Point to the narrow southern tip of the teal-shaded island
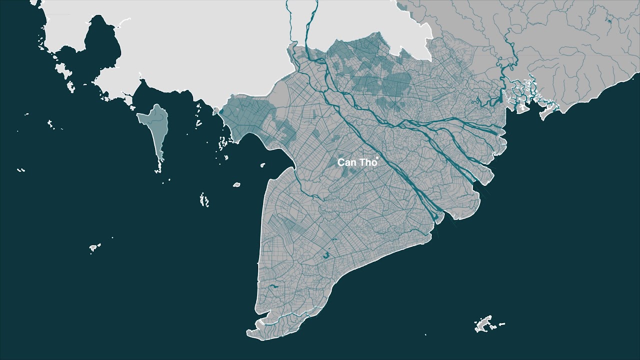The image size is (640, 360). tap(159, 162)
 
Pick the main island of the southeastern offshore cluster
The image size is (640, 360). tap(484, 324)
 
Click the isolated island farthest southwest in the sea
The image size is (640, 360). tap(94, 247)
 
